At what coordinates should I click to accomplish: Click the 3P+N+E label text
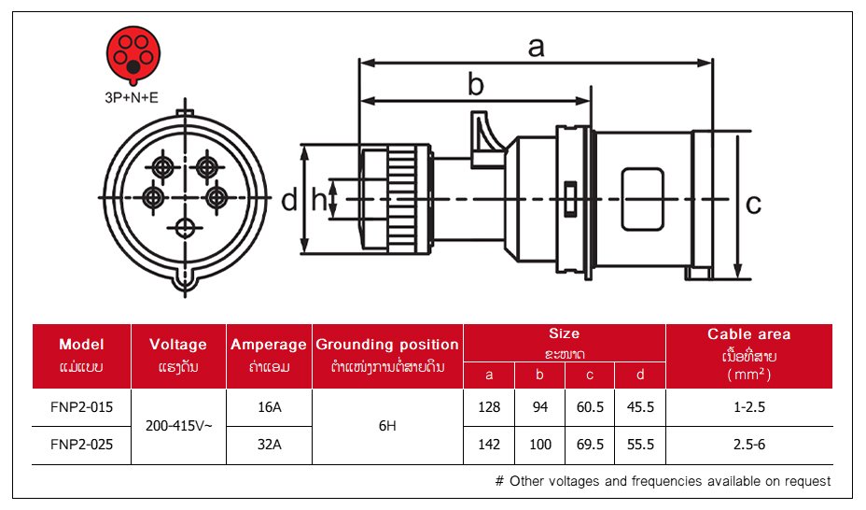pyautogui.click(x=132, y=95)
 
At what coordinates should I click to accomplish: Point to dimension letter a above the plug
pyautogui.click(x=536, y=47)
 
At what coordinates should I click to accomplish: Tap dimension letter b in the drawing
pyautogui.click(x=476, y=86)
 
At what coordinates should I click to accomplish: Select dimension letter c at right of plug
pyautogui.click(x=754, y=202)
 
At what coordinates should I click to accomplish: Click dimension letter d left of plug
pyautogui.click(x=289, y=199)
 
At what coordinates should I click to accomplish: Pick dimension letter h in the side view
pyautogui.click(x=319, y=199)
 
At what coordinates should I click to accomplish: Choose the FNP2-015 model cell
pyautogui.click(x=81, y=407)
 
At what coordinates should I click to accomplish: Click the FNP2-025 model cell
pyautogui.click(x=81, y=445)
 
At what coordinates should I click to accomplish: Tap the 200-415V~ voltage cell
pyautogui.click(x=180, y=426)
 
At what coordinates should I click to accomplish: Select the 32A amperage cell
pyautogui.click(x=269, y=445)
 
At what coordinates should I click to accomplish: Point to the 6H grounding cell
pyautogui.click(x=387, y=426)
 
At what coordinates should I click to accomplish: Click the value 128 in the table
pyautogui.click(x=489, y=407)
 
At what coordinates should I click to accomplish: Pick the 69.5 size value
pyautogui.click(x=590, y=445)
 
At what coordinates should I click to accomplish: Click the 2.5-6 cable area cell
pyautogui.click(x=748, y=445)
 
